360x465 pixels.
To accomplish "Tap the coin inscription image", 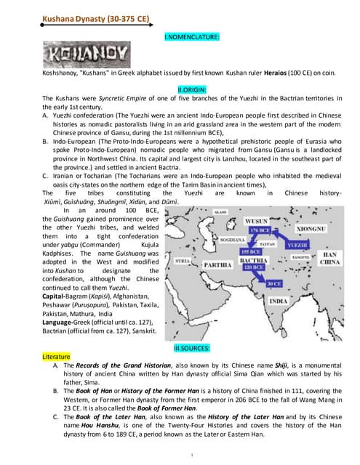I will tap(87, 54).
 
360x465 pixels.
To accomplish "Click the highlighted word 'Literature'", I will tap(59, 357).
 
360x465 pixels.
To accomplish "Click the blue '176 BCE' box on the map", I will tap(260, 230).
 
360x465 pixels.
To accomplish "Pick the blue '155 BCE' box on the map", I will tap(250, 251).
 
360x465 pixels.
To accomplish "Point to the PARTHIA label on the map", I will tap(217, 265).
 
